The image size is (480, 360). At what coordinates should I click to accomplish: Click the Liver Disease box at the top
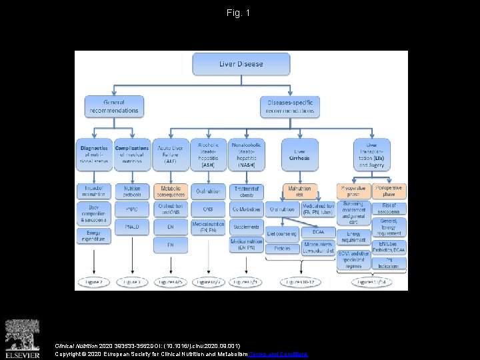(x=241, y=65)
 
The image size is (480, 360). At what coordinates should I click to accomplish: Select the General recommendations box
(x=114, y=107)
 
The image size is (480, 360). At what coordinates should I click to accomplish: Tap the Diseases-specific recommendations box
(x=290, y=107)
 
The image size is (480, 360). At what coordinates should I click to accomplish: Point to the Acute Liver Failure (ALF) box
(x=171, y=154)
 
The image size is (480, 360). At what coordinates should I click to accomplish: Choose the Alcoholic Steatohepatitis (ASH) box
(x=208, y=154)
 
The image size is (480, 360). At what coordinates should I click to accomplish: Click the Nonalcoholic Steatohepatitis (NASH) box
(x=246, y=154)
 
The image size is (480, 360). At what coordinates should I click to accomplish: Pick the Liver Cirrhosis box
(x=300, y=154)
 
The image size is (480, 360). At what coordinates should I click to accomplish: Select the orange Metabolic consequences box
(x=171, y=192)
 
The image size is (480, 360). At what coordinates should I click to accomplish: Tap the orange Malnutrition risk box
(x=300, y=192)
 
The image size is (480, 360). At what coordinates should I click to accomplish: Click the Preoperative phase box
(x=353, y=192)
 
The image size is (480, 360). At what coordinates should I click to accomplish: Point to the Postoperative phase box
(x=389, y=192)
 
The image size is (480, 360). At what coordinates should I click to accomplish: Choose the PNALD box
(x=132, y=227)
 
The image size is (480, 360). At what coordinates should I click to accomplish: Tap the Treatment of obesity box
(x=246, y=192)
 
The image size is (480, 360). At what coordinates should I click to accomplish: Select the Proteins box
(x=282, y=249)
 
